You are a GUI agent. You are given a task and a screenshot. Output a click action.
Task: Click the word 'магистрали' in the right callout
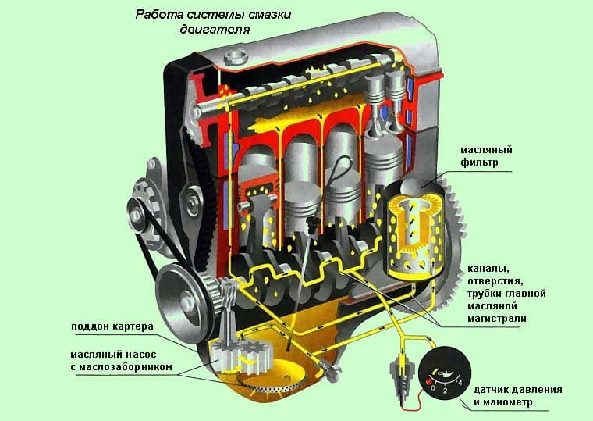pyautogui.click(x=497, y=319)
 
